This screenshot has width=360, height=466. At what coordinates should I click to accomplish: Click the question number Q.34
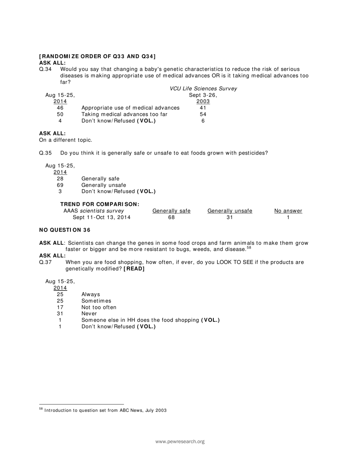click(45, 69)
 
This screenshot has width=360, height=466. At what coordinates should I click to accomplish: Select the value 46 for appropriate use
click(60, 108)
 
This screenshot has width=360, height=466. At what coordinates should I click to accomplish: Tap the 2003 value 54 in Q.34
click(203, 114)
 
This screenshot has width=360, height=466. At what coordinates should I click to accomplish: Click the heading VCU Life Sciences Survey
click(203, 89)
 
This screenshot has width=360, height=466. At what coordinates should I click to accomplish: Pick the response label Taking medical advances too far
click(124, 114)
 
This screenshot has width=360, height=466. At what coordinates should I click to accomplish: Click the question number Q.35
click(45, 153)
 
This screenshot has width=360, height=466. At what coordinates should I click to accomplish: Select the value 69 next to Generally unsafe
click(60, 185)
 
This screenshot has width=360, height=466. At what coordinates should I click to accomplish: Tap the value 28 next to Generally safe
click(60, 179)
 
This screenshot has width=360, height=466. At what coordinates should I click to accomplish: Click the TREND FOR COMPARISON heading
click(100, 204)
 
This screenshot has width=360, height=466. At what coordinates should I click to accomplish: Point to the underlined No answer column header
click(288, 211)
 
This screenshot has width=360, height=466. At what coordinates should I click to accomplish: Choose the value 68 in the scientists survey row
click(171, 217)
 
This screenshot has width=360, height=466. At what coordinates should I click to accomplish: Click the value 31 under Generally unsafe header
click(230, 217)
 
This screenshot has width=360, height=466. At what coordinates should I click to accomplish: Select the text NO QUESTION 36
click(65, 230)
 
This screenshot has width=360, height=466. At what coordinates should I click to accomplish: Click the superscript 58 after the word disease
click(249, 248)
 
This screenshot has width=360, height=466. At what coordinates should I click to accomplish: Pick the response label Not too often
click(99, 307)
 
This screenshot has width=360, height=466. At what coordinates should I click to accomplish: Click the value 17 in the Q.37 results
click(60, 307)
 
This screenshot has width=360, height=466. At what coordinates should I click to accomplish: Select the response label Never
click(89, 314)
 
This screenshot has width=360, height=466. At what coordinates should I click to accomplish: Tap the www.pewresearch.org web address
click(180, 441)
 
